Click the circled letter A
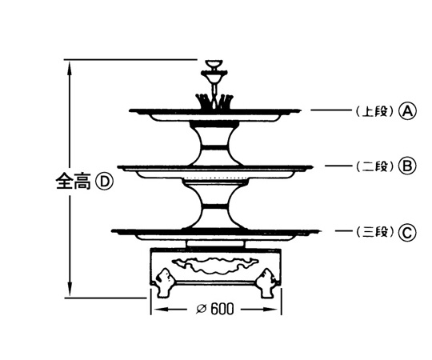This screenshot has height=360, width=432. coord(408,111)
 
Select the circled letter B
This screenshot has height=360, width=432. coord(407,166)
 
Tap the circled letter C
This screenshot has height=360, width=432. coord(407,233)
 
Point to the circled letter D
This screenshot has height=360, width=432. coord(105,182)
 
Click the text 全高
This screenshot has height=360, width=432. coord(74,182)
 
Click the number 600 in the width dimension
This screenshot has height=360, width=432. coord(222,310)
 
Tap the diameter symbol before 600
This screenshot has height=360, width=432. coord(202,310)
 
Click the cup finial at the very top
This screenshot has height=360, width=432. coord(215,65)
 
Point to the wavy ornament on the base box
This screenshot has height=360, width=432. coord(215,266)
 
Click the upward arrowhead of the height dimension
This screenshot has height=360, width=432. coord(70,68)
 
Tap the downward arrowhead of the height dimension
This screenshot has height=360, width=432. coord(70,289)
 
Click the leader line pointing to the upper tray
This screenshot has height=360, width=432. coord(332,110)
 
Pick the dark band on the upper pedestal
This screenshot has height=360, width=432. coord(214,146)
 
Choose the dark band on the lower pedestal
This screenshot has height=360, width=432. coord(215,206)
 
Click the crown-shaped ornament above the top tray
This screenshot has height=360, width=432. coord(214,101)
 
